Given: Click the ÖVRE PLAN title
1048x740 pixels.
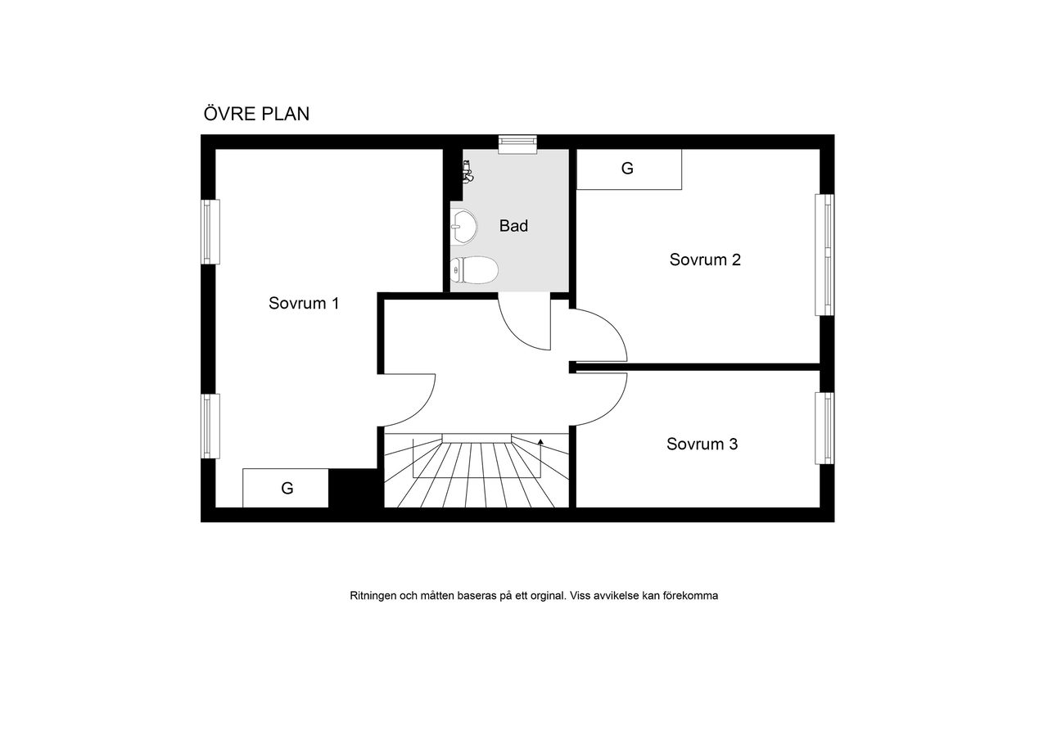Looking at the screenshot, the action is click(256, 113).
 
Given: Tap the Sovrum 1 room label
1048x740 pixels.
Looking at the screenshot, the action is click(304, 303).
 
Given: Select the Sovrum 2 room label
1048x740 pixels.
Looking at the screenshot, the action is click(705, 259).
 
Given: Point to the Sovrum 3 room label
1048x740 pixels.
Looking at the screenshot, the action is click(702, 444).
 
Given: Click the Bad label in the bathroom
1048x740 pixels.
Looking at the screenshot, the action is click(513, 226).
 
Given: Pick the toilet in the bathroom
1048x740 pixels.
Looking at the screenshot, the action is click(474, 270).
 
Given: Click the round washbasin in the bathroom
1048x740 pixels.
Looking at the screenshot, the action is click(463, 227).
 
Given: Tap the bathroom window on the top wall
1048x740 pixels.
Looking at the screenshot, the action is click(517, 145).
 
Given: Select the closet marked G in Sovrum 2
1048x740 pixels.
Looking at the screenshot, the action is click(629, 169).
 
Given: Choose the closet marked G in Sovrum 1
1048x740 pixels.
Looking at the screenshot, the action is click(286, 488).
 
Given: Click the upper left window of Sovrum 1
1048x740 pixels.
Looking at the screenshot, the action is click(210, 232).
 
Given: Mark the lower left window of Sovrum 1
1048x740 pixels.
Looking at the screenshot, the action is click(210, 426).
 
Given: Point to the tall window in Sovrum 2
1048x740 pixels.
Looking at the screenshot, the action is click(824, 255).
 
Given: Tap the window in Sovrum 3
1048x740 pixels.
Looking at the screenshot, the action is click(824, 428).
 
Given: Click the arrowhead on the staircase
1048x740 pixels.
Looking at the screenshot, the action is click(540, 441).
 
